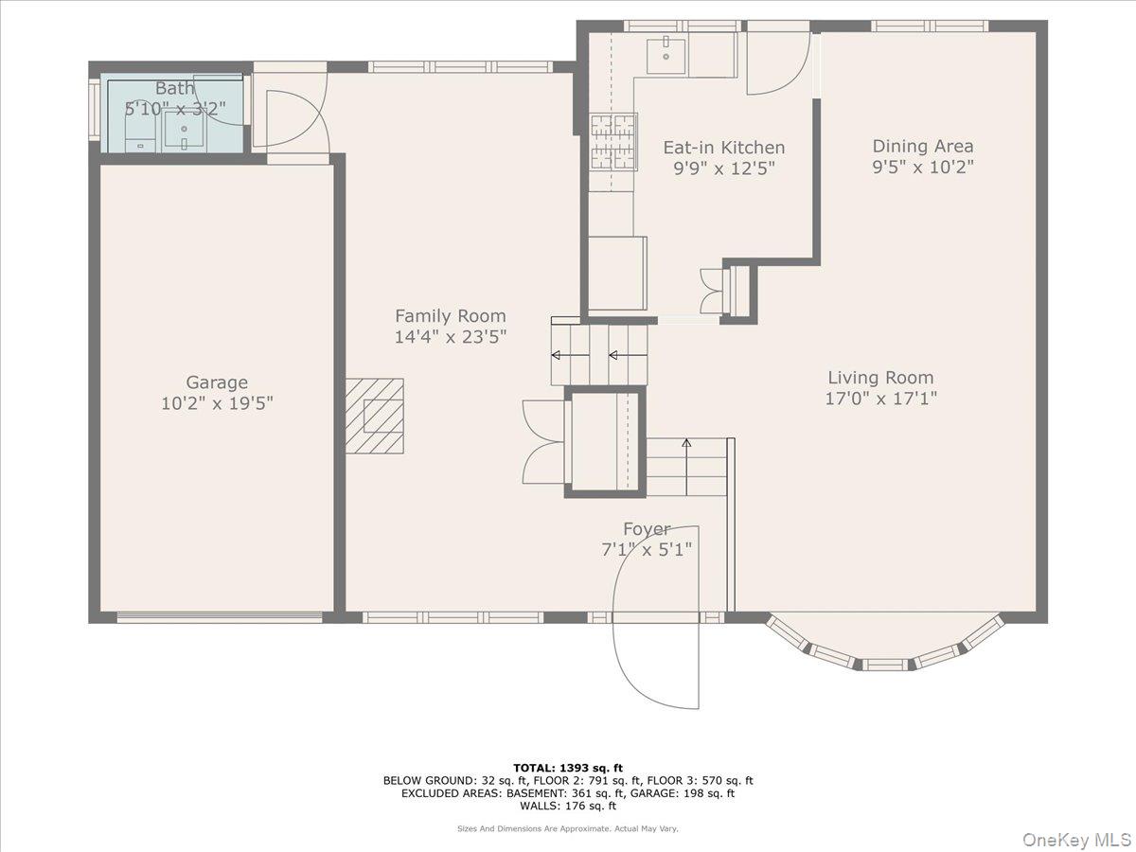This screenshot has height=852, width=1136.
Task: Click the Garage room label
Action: pyautogui.click(x=217, y=382)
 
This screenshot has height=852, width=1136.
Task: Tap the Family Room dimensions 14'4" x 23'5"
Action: pyautogui.click(x=451, y=336)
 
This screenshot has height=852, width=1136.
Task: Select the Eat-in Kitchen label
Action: pyautogui.click(x=723, y=148)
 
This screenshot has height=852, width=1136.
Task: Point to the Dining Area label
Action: pyautogui.click(x=922, y=146)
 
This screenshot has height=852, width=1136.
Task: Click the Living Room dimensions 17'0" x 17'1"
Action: pyautogui.click(x=880, y=398)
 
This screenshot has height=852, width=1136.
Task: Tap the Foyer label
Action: pyautogui.click(x=647, y=529)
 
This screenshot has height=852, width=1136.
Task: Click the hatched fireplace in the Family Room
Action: pyautogui.click(x=374, y=416)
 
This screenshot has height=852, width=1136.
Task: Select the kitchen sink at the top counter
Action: pyautogui.click(x=666, y=56)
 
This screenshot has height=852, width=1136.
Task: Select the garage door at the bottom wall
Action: pyautogui.click(x=219, y=618)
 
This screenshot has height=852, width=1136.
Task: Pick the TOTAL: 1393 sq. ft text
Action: pyautogui.click(x=568, y=768)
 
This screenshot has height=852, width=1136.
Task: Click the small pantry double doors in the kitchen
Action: pyautogui.click(x=710, y=291)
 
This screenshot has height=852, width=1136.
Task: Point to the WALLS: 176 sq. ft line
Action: pyautogui.click(x=568, y=807)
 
